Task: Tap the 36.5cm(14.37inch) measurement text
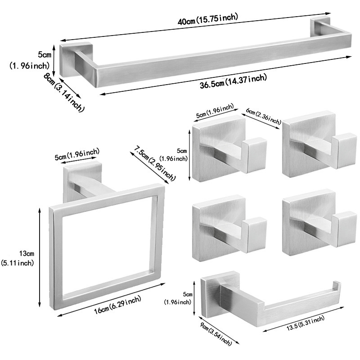228,81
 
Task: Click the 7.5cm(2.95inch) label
152,164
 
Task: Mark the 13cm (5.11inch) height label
18,258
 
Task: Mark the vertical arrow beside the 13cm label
40,258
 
